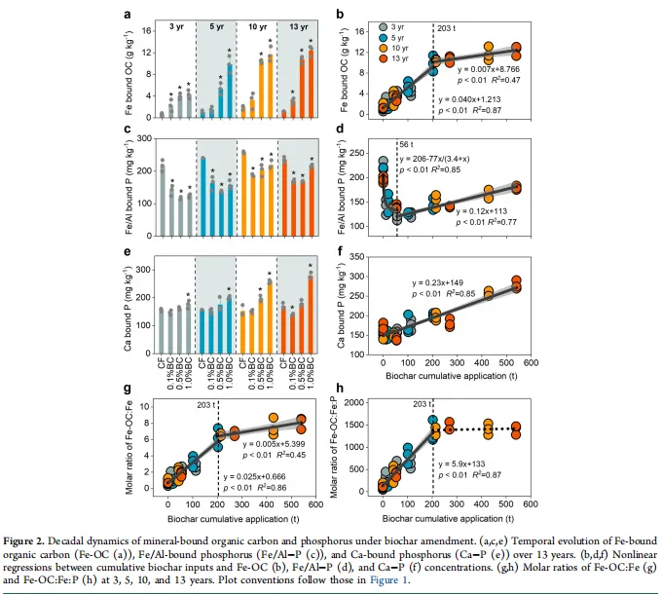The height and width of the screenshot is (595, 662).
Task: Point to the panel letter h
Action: coord(336,388)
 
